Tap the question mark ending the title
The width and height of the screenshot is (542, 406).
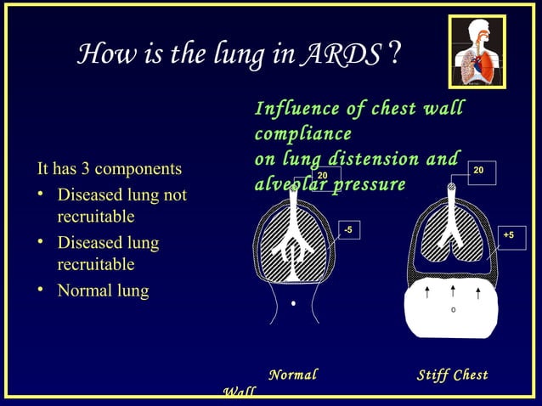tap(392, 54)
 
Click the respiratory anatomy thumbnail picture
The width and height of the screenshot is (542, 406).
tap(477, 53)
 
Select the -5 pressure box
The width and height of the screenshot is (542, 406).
tap(348, 228)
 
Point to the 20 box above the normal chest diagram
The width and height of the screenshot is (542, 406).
tap(323, 176)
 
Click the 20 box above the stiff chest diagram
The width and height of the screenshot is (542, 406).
tap(479, 171)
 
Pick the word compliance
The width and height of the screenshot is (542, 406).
tap(302, 134)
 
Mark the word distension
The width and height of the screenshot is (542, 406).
tap(399, 159)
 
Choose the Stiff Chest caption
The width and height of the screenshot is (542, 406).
tap(452, 375)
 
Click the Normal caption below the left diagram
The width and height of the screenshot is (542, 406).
tap(292, 375)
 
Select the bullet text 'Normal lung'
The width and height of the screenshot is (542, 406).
tap(102, 290)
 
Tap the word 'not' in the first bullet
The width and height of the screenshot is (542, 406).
tap(173, 195)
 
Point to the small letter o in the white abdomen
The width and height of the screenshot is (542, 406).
tap(453, 309)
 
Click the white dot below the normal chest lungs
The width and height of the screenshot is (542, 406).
tap(293, 302)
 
